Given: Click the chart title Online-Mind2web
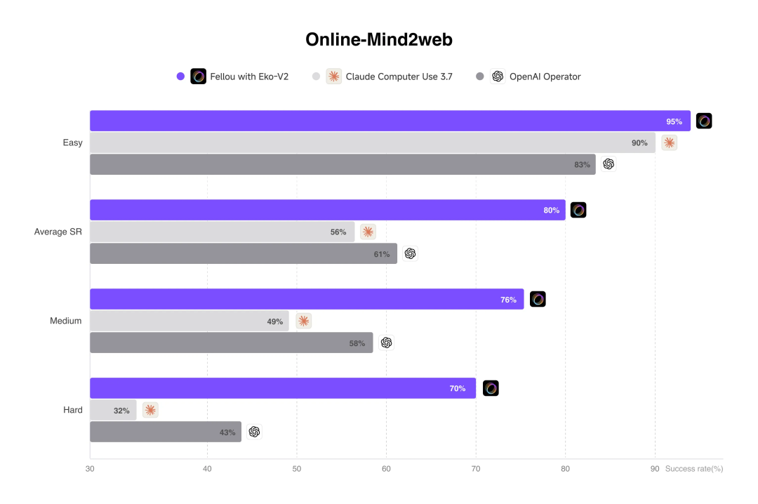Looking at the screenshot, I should point(378,40).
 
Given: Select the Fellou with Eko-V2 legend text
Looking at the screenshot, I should point(249,77).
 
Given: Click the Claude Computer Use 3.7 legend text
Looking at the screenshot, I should point(399,77).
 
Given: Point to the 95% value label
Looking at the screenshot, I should point(674,121).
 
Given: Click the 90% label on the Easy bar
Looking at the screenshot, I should point(639,143).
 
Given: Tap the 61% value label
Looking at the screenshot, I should point(382,254).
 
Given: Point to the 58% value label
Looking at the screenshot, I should point(357,343).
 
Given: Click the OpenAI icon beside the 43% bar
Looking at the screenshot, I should point(254,432).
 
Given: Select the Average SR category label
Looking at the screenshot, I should point(58,232).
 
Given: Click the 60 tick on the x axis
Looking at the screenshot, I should point(386,469).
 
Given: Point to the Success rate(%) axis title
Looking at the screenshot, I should point(693,469).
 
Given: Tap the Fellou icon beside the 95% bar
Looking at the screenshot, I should point(704,121).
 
